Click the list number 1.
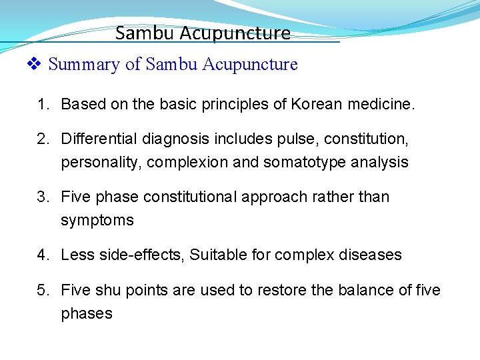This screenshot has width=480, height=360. tap(43, 104)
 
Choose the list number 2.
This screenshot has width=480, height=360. tap(43, 139)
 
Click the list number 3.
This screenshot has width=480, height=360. tap(43, 197)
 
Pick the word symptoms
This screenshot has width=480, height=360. tap(97, 220)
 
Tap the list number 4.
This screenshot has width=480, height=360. tap(43, 255)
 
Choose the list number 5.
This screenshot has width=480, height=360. tap(43, 290)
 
